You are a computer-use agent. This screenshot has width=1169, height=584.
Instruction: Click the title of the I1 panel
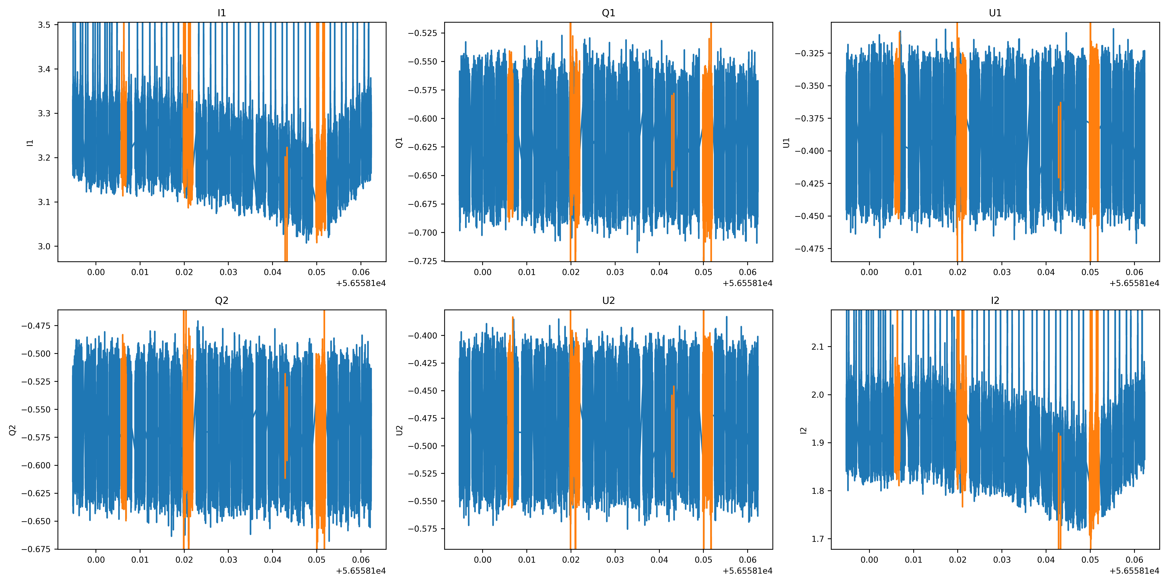coord(221,13)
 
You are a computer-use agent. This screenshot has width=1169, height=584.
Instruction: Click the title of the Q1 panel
coord(608,13)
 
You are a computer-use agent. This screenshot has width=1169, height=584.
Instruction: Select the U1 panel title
coord(995,13)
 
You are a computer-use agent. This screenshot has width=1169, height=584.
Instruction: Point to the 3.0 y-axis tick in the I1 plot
coord(44,246)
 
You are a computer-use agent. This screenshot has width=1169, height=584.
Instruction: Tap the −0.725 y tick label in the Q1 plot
coord(422,261)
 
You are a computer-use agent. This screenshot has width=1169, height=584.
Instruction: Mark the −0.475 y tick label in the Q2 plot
coord(36,326)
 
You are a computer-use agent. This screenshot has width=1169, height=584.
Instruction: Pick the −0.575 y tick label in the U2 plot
coord(422,529)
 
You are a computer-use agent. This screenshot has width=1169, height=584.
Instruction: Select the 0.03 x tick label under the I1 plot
coord(228,272)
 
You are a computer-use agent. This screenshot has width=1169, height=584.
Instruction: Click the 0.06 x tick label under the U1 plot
coord(1134,272)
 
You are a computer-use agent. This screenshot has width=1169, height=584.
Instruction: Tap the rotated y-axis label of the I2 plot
coord(804,430)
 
